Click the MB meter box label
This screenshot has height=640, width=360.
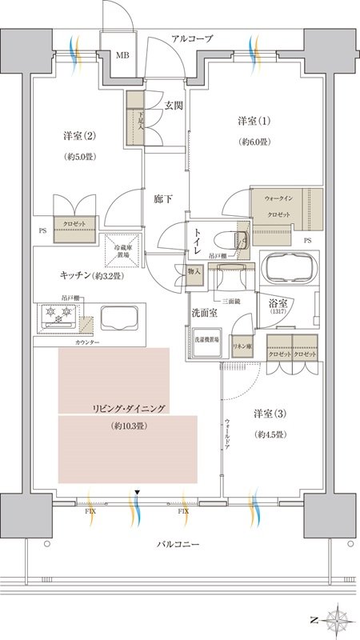click(x=122, y=55)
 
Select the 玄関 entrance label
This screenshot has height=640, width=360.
click(x=174, y=104)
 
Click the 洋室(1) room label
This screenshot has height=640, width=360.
click(x=253, y=121)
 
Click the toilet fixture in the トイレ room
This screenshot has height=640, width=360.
click(x=237, y=238)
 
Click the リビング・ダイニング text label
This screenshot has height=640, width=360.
click(x=128, y=408)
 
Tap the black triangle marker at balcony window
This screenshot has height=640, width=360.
click(x=138, y=491)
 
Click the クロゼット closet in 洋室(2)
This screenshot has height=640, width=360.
click(x=75, y=223)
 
